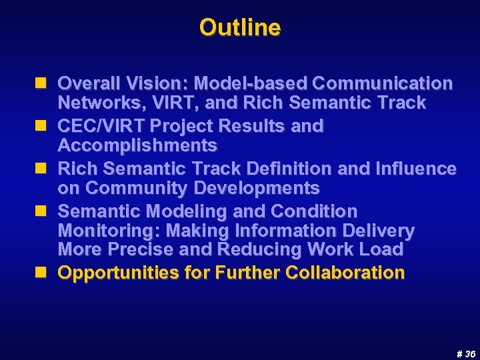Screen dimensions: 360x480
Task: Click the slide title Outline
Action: [x=239, y=27]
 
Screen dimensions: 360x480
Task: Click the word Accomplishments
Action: [x=137, y=145]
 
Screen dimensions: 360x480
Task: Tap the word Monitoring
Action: [x=108, y=231]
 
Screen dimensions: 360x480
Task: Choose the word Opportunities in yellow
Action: [x=115, y=273]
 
